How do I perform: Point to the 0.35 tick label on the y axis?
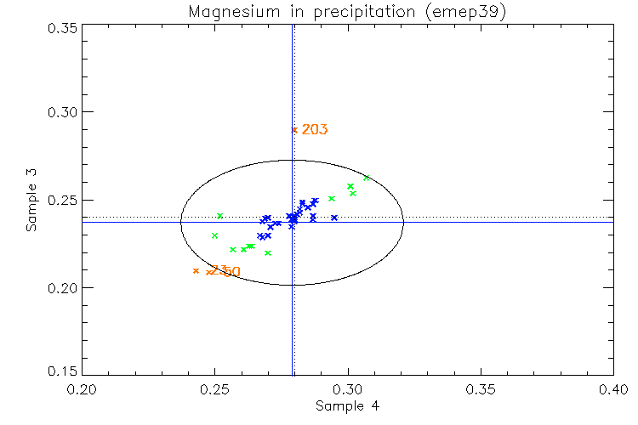pyautogui.click(x=61, y=27)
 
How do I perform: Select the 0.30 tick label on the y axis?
pyautogui.click(x=61, y=113)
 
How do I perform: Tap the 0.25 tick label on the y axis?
pyautogui.click(x=61, y=201)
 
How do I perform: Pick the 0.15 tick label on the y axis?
pyautogui.click(x=61, y=372)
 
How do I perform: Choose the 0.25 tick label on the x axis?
pyautogui.click(x=214, y=389)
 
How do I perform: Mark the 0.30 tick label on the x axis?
pyautogui.click(x=348, y=389)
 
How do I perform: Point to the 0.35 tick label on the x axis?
pyautogui.click(x=481, y=389)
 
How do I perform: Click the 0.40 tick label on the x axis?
pyautogui.click(x=613, y=389)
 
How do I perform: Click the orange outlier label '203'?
pyautogui.click(x=315, y=130)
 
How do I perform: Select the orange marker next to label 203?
pyautogui.click(x=294, y=130)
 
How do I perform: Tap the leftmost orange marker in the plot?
pyautogui.click(x=196, y=271)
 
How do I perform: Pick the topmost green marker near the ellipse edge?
pyautogui.click(x=367, y=178)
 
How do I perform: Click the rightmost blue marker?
pyautogui.click(x=334, y=218)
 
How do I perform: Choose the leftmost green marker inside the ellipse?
pyautogui.click(x=215, y=235)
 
